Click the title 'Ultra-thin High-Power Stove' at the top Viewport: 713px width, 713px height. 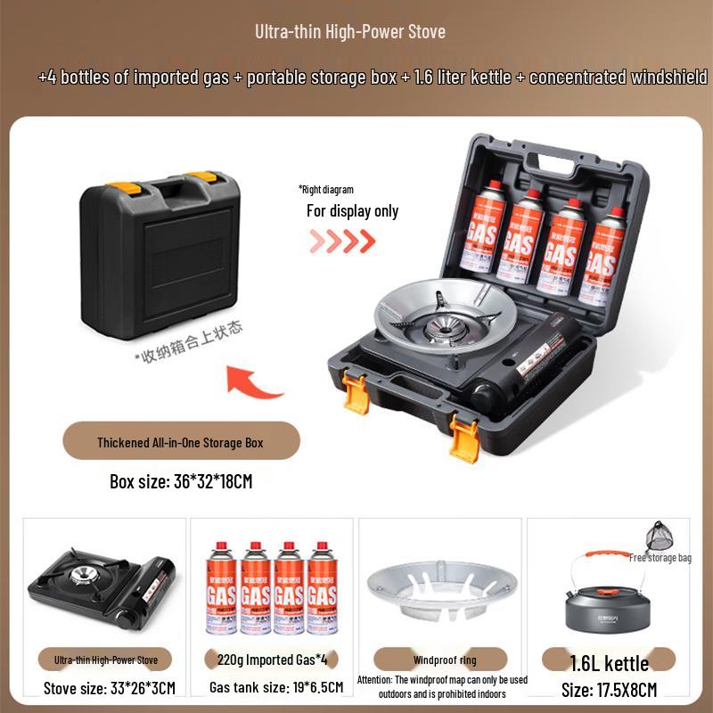point(350,32)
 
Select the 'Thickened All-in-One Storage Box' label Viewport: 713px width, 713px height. point(180,441)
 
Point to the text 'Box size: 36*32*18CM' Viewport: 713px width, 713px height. point(181,481)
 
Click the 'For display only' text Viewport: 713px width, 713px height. point(352,211)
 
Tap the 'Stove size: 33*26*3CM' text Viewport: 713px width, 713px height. point(110,688)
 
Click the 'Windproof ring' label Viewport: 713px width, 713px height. point(444,660)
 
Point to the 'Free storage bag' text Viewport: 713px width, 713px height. point(660,558)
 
